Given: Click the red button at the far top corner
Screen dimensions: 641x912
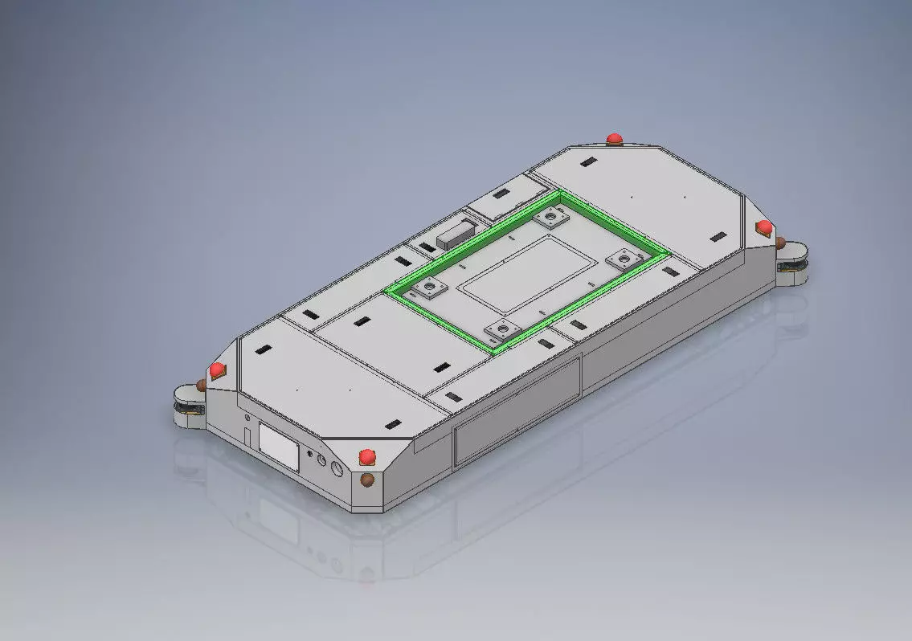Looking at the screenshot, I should point(615,138).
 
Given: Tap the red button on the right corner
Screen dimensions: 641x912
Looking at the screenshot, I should point(764,227).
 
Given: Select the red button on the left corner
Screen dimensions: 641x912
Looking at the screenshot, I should point(216,370).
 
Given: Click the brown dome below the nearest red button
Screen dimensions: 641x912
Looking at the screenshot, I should point(367,480).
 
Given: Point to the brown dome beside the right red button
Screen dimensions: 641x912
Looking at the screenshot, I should point(778,242).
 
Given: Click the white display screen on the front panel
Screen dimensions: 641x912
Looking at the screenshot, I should point(279,447).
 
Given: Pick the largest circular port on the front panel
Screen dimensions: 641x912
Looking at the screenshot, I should point(337,469).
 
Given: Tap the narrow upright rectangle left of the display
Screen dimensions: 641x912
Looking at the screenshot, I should point(248,434).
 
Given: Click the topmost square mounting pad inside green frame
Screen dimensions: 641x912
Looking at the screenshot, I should point(551,215).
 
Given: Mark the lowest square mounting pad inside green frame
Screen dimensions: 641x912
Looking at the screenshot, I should point(502,329).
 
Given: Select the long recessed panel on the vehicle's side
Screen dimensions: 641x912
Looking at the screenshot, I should point(517,411).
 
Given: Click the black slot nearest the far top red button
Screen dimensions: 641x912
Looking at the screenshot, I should point(589,162).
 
